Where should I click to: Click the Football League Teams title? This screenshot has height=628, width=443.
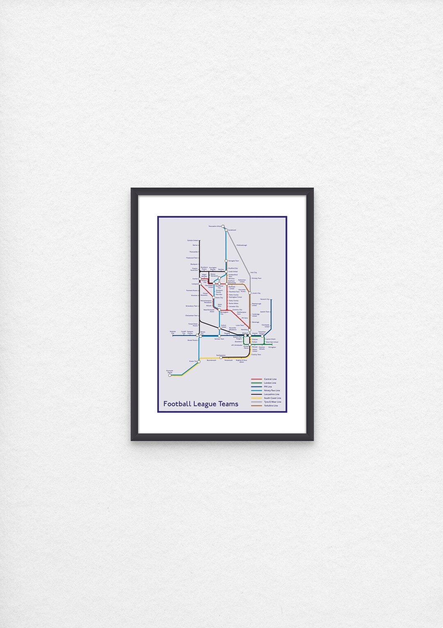pyautogui.click(x=201, y=404)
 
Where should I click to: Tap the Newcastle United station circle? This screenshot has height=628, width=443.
pyautogui.click(x=223, y=226)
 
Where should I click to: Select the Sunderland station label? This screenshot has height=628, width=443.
pyautogui.click(x=232, y=230)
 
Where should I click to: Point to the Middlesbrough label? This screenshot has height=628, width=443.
pyautogui.click(x=242, y=245)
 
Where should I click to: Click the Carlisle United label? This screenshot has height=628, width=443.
pyautogui.click(x=192, y=241)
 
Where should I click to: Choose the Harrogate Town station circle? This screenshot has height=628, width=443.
pyautogui.click(x=226, y=261)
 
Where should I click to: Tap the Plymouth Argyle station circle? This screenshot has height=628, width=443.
pyautogui.click(x=170, y=375)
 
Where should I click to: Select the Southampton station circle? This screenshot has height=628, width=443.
pyautogui.click(x=221, y=358)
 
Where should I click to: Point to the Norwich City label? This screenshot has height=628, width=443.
pyautogui.click(x=265, y=299)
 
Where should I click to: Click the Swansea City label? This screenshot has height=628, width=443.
pyautogui.click(x=172, y=332)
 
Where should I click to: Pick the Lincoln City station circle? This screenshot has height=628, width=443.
pyautogui.click(x=250, y=293)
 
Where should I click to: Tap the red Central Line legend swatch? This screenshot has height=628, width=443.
pyautogui.click(x=256, y=379)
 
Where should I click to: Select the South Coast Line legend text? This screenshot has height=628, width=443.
pyautogui.click(x=272, y=398)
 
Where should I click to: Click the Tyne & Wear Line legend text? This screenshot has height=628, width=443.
pyautogui.click(x=272, y=402)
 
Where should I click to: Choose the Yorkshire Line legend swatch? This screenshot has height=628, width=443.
pyautogui.click(x=256, y=406)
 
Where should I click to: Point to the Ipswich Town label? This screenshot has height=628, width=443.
pyautogui.click(x=265, y=312)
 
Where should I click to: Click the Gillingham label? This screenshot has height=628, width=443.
pyautogui.click(x=272, y=347)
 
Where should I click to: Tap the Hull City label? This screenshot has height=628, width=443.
pyautogui.click(x=253, y=273)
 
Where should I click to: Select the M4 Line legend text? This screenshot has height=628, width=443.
pyautogui.click(x=268, y=387)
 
